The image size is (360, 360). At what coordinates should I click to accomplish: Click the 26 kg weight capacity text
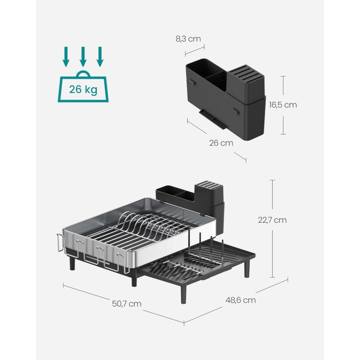[83, 89]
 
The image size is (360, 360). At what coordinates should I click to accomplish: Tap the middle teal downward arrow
[83, 57]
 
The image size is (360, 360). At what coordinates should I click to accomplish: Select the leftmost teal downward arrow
[66, 57]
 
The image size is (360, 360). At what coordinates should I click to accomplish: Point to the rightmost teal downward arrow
[100, 57]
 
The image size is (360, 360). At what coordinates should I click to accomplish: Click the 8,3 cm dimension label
[188, 39]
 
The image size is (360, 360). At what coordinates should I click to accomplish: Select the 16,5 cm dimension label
[283, 105]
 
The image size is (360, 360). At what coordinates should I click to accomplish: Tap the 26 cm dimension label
[221, 143]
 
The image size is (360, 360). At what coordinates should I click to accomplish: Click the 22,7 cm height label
[272, 220]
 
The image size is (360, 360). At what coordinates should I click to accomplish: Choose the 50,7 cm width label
[126, 304]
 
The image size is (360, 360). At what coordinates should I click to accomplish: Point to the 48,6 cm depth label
[241, 300]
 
